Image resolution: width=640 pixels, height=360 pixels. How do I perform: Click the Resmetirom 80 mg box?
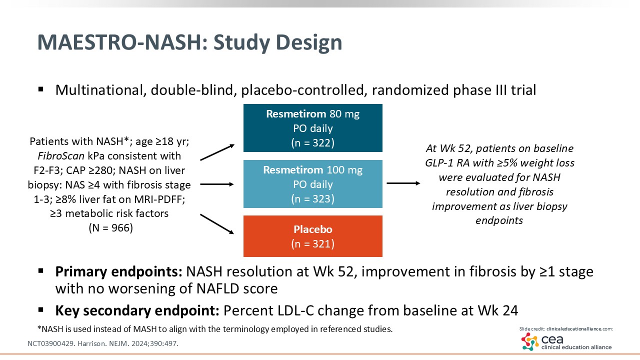[312, 128]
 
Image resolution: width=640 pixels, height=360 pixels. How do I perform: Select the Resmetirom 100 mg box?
[312, 183]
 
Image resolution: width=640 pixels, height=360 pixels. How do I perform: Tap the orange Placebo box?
[312, 236]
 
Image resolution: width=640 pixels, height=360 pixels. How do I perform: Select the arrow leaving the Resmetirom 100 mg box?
[403, 183]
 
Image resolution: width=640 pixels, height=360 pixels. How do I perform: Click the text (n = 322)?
[312, 142]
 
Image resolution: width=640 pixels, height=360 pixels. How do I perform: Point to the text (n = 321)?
[312, 244]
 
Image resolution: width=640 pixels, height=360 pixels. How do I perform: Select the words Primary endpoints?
[118, 272]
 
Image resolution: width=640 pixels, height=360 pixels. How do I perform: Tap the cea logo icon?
[529, 341]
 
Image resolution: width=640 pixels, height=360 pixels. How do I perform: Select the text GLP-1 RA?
[459, 163]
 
